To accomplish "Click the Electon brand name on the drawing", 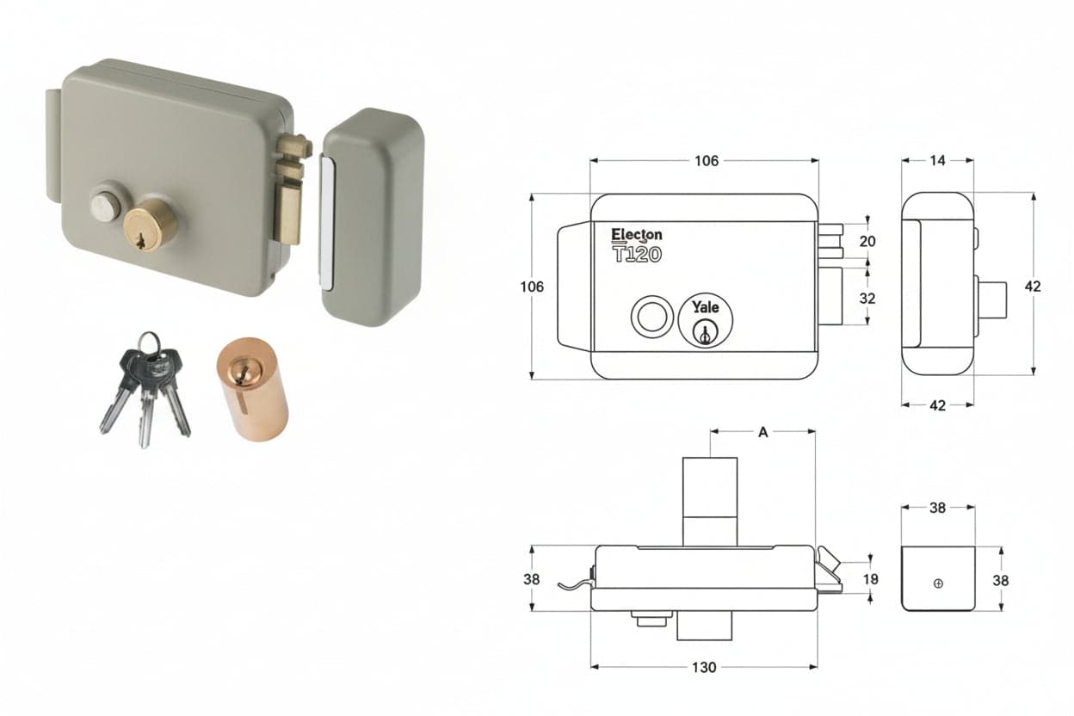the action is pos(636,235).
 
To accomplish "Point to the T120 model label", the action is pos(637,254).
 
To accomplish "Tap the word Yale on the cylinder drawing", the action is pos(706,307).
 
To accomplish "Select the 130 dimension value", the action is pos(704,667).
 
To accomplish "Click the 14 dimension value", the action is pos(937,160).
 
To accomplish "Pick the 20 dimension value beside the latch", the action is pos(867,241).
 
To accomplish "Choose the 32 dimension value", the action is pos(867,299).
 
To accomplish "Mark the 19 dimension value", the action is pos(870,579).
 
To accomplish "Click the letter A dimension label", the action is pos(762,432).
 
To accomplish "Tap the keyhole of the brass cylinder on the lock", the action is pos(140,241).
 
